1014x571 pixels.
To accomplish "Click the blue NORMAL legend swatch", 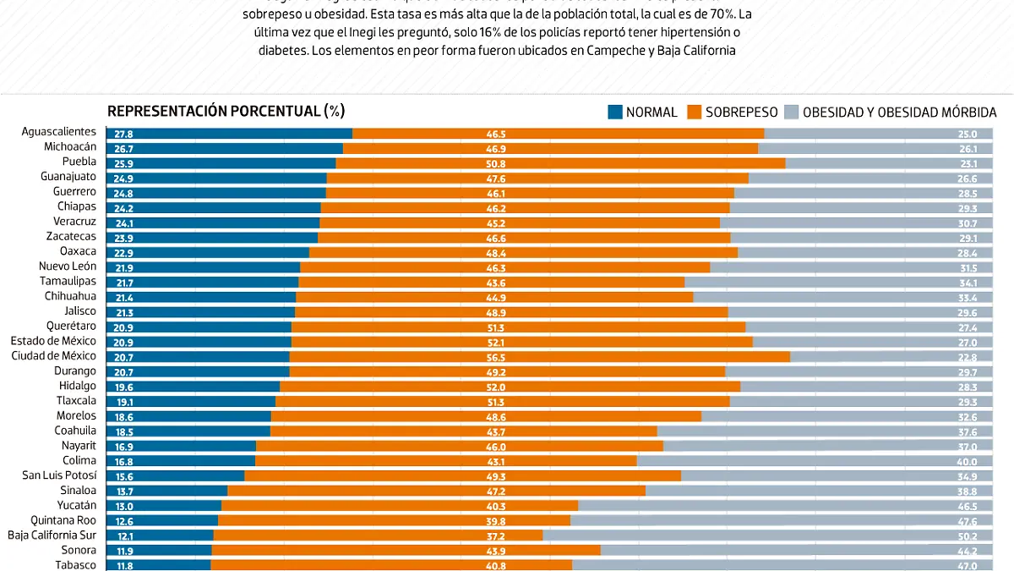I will coord(614,112).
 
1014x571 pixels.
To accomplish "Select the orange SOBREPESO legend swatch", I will coord(695,112).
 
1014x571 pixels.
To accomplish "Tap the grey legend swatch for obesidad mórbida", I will coord(792,112).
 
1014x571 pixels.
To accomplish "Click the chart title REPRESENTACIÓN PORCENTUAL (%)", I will coord(226,112).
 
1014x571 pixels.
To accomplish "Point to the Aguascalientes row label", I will coord(60,132).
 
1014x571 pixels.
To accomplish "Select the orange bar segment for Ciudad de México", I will coord(539,357).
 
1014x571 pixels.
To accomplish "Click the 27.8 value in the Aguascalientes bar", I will coord(123,134).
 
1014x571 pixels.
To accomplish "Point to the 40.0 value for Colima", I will coord(967,461).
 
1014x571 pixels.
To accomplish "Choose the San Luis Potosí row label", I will coord(58,475).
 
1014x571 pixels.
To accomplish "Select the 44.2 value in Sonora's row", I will coord(967,551).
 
